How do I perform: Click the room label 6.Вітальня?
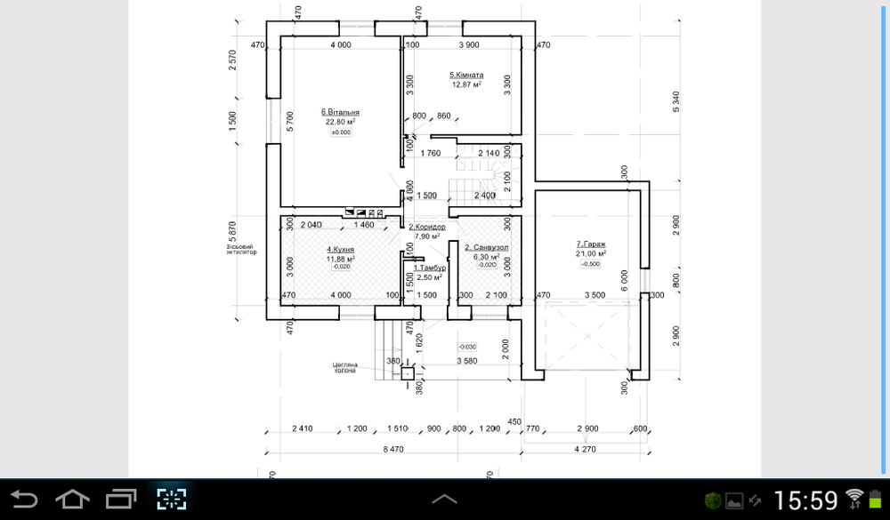(340, 113)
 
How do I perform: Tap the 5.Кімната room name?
(466, 76)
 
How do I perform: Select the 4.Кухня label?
(341, 250)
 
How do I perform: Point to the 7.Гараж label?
(590, 244)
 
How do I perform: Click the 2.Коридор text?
(427, 228)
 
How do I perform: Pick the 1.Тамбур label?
(429, 268)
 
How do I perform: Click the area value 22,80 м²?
(340, 123)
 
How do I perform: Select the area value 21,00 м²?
(591, 253)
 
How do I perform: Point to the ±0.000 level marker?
(341, 132)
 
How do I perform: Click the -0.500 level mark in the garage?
(590, 264)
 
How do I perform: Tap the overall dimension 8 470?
(392, 450)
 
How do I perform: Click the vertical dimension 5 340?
(676, 101)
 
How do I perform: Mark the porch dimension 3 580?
(468, 361)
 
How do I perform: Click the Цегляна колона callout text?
(344, 367)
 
